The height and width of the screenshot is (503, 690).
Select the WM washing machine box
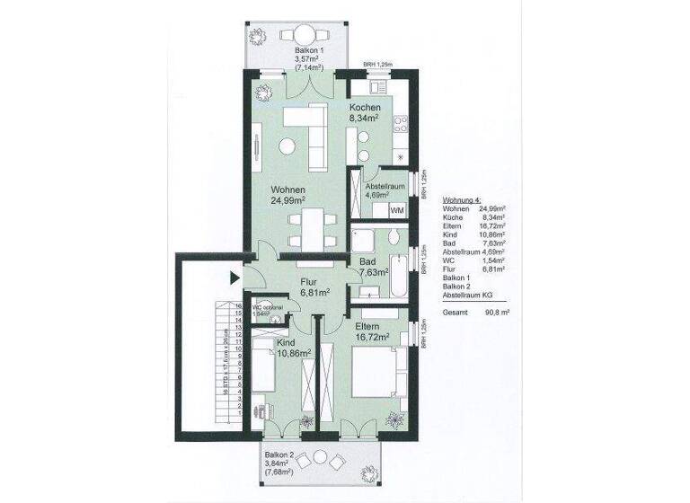(x=396, y=209)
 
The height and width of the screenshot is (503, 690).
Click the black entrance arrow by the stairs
(x=235, y=278)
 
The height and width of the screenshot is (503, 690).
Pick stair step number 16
(x=238, y=305)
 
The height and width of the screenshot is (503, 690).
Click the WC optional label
(x=268, y=308)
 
